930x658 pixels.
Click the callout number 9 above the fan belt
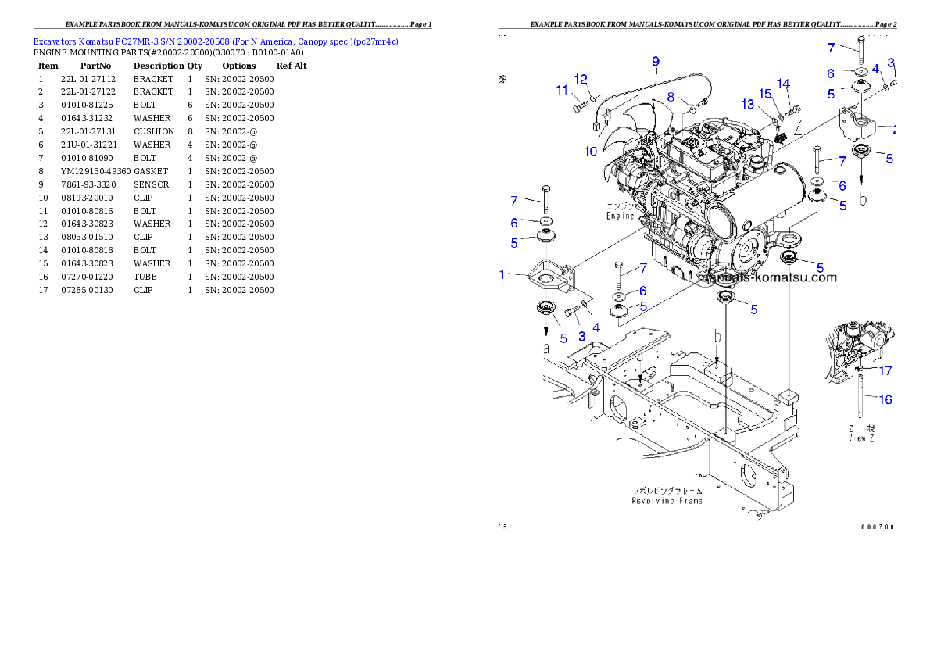[656, 61]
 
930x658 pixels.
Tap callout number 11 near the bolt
[562, 91]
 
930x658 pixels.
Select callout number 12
[581, 79]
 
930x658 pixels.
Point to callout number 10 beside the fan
[591, 151]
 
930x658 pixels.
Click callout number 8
[671, 97]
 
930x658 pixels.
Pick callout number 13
[748, 105]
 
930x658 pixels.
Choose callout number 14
[783, 84]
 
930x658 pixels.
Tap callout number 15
[766, 94]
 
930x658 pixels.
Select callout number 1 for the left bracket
[503, 274]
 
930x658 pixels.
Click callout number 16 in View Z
[885, 399]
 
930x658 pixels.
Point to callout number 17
[885, 370]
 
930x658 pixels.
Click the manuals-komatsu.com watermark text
[767, 277]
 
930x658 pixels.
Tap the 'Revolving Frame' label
[667, 495]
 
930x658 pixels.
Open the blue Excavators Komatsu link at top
[216, 41]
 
